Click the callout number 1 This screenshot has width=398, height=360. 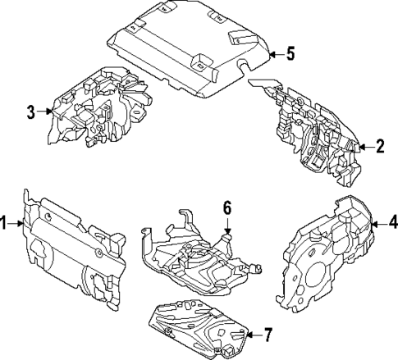tap(4, 222)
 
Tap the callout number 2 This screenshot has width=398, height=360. tap(380, 148)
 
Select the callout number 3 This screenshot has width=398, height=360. tap(31, 112)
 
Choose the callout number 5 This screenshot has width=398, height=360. tap(289, 54)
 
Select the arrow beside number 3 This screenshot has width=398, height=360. tap(45, 112)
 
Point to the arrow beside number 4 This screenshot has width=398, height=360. tap(377, 221)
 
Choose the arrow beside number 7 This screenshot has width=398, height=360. tap(250, 334)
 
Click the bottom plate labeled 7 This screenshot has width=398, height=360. tap(197, 328)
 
